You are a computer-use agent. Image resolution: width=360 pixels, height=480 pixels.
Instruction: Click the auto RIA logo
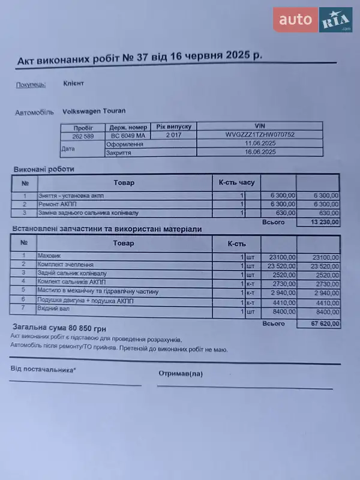313,20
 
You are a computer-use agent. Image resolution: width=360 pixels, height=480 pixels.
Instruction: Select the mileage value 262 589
83,136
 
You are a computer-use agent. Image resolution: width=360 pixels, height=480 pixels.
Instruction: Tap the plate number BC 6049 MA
128,136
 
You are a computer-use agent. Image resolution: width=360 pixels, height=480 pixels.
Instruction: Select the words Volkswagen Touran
94,111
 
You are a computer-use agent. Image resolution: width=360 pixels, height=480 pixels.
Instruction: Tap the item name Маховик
49,256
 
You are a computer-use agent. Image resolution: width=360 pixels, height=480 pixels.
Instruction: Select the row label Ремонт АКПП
58,204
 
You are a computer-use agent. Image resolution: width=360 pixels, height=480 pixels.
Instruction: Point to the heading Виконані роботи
43,169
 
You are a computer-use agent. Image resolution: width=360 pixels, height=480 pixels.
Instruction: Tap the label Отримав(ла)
181,373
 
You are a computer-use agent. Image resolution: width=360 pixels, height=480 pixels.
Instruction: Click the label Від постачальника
43,370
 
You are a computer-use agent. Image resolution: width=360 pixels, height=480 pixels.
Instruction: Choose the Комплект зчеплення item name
65,265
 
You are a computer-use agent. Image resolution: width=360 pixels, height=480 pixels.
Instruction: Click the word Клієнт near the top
73,83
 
